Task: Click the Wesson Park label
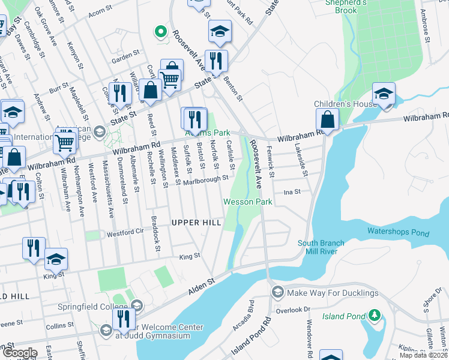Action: pos(249,202)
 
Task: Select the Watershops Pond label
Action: pos(398,232)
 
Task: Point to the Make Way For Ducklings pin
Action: pos(277,293)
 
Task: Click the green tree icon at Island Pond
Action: pos(375,314)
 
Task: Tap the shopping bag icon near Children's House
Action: pos(328,118)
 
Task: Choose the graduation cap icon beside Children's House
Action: pos(384,94)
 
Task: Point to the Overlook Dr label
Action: pos(292,310)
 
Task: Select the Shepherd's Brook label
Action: pos(346,6)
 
